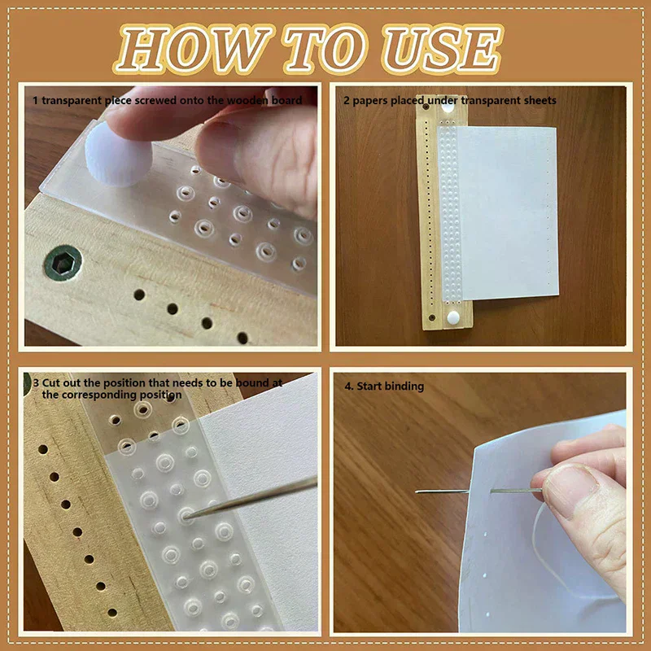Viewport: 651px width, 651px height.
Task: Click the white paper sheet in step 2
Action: coord(505,212)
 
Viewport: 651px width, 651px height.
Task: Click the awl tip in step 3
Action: coord(188,513)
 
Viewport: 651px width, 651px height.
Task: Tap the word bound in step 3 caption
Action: coord(265,382)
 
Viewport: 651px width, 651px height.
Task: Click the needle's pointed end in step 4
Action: coord(417,491)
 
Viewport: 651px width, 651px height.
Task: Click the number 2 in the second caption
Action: coord(347,100)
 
